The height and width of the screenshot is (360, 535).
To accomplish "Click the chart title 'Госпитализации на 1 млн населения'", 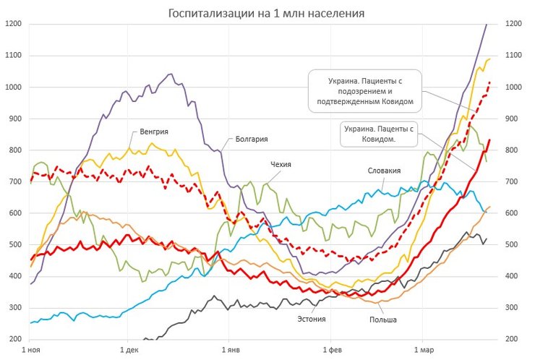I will point(266,13).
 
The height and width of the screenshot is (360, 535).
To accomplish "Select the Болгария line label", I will point(252,140).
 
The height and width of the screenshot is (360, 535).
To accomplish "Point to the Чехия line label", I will point(281,165).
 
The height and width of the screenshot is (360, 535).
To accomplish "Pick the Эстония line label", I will point(312,318).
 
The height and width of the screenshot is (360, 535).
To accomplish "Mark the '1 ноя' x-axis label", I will point(30,351).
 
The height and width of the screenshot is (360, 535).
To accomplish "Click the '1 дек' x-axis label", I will point(128,351).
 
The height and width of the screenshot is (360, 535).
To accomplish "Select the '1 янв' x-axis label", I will point(229,351).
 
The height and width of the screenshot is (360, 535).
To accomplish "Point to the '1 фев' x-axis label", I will point(330,351).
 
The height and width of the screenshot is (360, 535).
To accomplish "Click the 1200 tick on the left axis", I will point(14,24).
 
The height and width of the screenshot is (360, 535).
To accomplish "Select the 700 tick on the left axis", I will point(14,181).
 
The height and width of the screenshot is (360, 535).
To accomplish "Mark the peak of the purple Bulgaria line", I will point(171,74).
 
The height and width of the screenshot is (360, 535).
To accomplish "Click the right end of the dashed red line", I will point(489,82).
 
